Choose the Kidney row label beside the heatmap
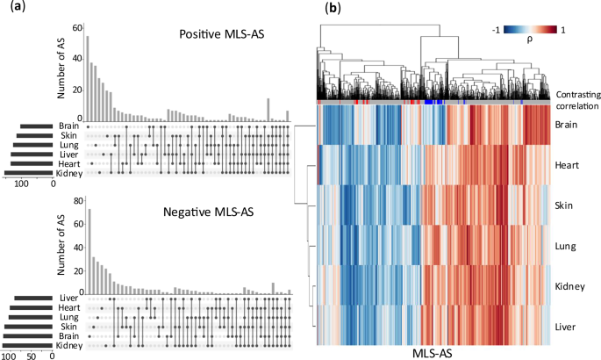click(x=570, y=286)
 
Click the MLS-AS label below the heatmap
click(x=433, y=351)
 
